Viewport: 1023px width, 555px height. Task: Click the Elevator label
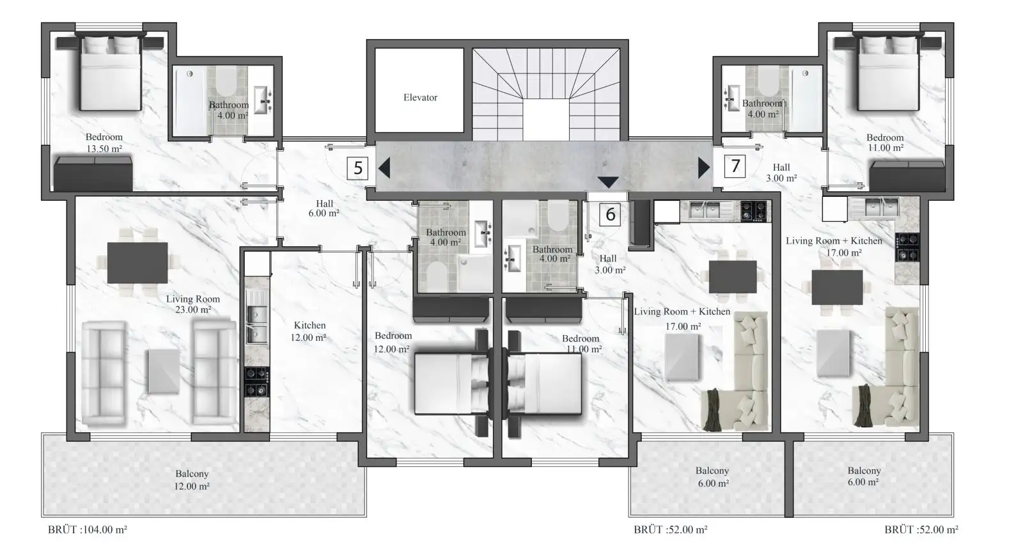coord(420,97)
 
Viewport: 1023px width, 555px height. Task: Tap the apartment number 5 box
coord(357,168)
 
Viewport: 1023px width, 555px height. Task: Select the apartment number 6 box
coord(610,214)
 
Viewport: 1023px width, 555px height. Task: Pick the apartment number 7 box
coord(735,166)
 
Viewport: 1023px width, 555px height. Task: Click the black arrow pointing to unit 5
coord(384,168)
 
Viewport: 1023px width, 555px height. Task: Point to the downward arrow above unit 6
coord(608,182)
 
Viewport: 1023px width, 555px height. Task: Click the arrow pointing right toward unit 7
coord(704,168)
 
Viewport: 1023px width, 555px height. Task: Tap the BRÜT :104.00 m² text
coord(87,529)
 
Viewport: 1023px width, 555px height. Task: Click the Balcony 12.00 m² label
coord(192,480)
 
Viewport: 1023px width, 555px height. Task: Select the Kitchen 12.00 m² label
coord(309,331)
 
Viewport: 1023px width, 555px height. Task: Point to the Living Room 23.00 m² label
coord(192,304)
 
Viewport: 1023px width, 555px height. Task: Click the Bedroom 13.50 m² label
coord(104,143)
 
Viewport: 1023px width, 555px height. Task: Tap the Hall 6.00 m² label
coord(324,208)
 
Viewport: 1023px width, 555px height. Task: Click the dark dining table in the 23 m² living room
coord(137,263)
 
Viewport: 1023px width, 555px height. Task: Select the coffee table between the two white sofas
coord(163,371)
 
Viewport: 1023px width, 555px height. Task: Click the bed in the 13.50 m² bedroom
coord(111,73)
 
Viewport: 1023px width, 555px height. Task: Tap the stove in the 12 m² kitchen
coord(256,382)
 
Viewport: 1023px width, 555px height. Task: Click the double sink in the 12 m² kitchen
coord(256,324)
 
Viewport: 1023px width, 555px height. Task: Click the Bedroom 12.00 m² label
coord(393,342)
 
